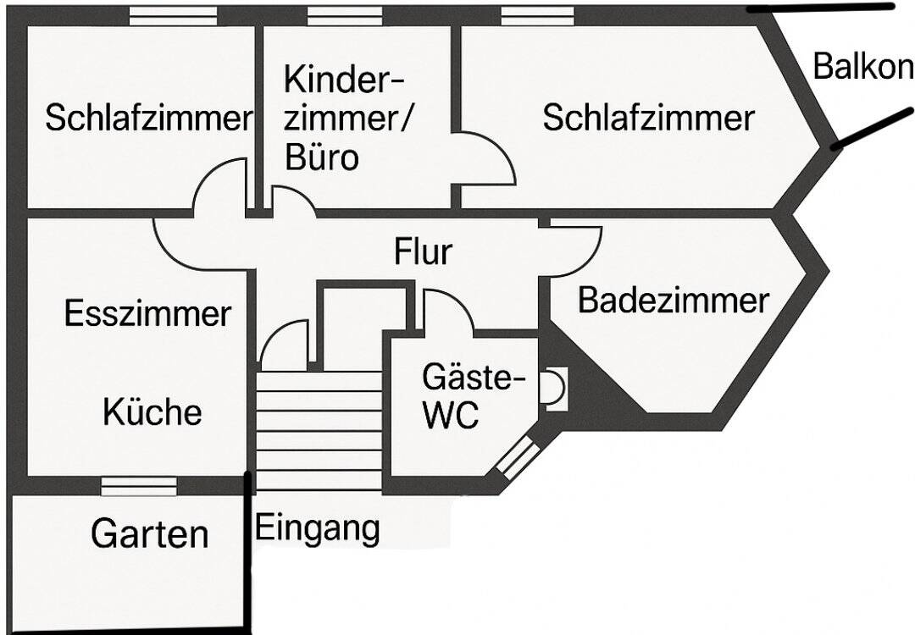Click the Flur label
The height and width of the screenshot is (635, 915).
pos(424,251)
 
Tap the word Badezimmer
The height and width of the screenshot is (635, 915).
pos(674,300)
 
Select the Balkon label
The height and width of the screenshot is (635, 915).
pos(862,66)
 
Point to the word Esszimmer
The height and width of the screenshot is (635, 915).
pos(147,314)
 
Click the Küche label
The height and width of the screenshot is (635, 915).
pos(152,412)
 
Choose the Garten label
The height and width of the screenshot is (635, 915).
pos(149,534)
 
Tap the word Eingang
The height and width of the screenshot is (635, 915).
pos(318,528)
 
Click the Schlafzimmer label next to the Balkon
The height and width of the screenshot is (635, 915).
pos(648,118)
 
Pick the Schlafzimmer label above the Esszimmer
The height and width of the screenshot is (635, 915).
pos(149,118)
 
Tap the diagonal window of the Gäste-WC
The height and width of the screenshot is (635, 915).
pos(517,457)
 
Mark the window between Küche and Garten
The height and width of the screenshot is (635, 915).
pos(139,486)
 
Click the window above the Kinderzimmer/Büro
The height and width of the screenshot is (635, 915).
pos(344,15)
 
